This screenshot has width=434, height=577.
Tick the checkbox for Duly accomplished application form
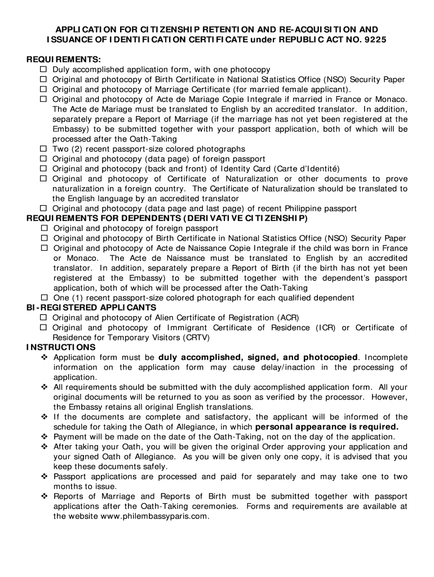click(x=43, y=69)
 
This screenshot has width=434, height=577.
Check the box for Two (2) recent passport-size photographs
click(x=43, y=149)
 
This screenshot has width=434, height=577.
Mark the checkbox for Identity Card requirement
click(x=43, y=169)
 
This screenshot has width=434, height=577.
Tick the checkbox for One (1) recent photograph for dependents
click(x=44, y=298)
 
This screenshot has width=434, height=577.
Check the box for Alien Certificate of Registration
click(x=44, y=318)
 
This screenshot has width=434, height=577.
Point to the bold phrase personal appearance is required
click(x=327, y=427)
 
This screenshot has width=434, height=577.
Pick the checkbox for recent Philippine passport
click(x=43, y=208)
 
